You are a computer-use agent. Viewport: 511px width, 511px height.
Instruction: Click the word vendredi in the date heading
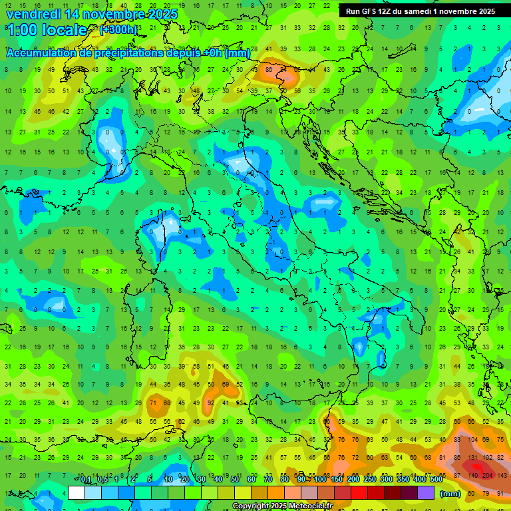click(x=35, y=14)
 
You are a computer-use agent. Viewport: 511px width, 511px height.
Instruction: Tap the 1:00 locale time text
click(x=47, y=30)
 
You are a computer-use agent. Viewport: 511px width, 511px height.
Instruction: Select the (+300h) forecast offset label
click(x=118, y=29)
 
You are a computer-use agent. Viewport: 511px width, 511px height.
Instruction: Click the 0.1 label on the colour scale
click(x=86, y=480)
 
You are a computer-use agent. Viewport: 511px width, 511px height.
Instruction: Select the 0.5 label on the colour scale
click(x=102, y=480)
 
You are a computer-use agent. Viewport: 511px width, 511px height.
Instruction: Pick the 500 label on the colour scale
click(x=436, y=480)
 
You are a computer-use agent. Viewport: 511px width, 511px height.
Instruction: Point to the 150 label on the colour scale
click(x=336, y=480)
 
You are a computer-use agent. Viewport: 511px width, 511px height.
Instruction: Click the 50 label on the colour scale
click(x=234, y=480)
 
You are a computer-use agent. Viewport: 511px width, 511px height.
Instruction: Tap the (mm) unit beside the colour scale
click(x=450, y=494)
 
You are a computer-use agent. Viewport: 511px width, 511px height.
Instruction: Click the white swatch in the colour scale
click(x=77, y=493)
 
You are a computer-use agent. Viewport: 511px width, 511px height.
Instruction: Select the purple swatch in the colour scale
click(x=426, y=493)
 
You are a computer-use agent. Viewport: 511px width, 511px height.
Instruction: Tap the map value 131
click(x=473, y=458)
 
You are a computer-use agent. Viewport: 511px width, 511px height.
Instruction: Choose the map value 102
click(x=488, y=458)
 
